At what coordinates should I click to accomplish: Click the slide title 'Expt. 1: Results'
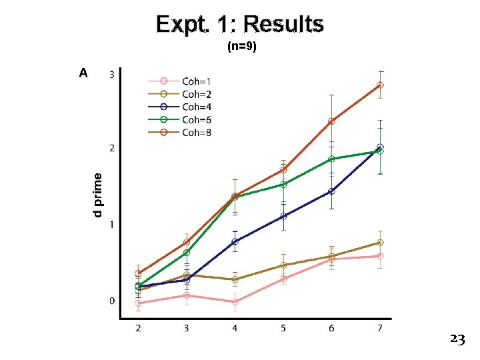point(240,25)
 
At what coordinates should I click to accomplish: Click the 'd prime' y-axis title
point(98,195)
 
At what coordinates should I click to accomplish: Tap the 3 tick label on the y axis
point(112,75)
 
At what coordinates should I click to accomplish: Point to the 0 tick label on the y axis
point(112,301)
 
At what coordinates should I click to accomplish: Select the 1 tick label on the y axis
point(112,225)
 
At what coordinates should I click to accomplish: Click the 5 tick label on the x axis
point(283,328)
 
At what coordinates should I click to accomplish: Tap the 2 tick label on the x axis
point(138,328)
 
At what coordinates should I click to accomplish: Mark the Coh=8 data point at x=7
point(380,85)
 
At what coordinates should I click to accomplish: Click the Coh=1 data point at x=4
point(235,302)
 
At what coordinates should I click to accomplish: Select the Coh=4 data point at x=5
point(283,216)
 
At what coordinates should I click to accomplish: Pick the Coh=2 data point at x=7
point(380,243)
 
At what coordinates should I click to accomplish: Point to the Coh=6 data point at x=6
point(331,159)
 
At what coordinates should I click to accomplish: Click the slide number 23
point(457,339)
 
